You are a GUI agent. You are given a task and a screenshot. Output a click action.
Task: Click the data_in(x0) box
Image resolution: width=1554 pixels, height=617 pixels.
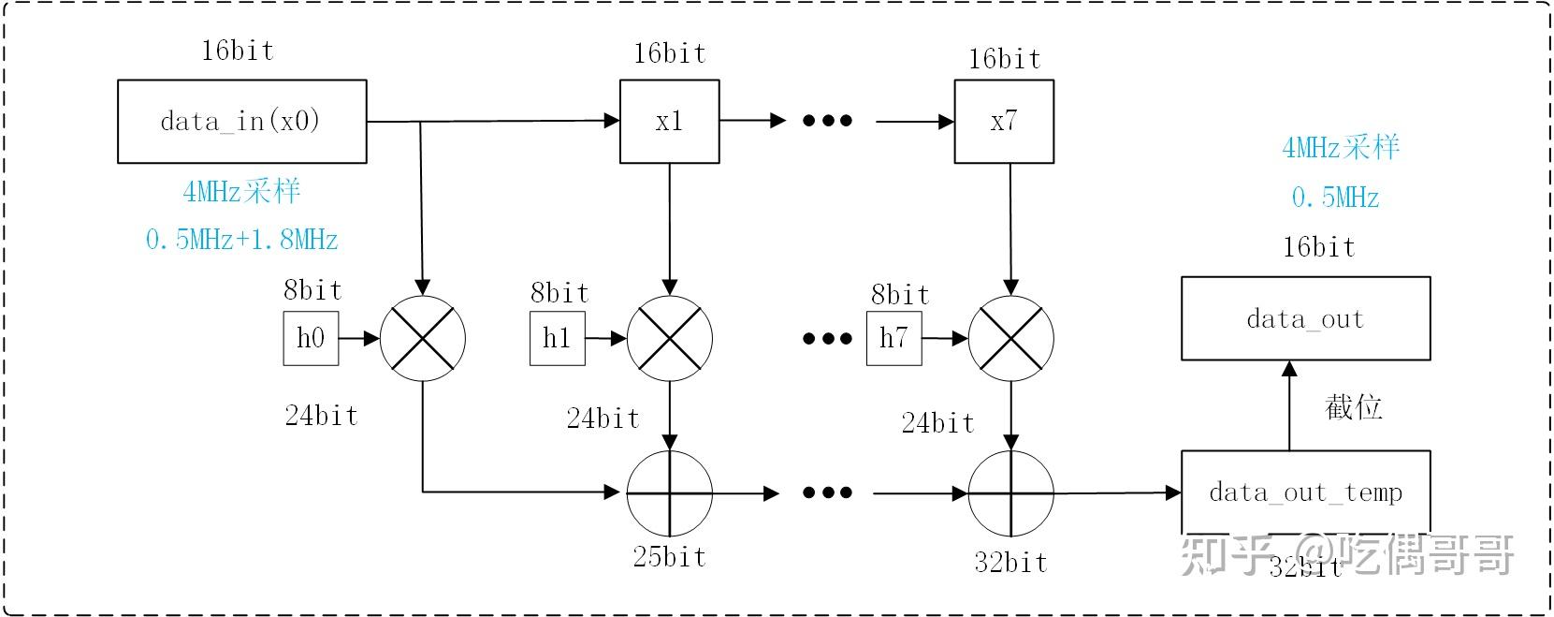[241, 122]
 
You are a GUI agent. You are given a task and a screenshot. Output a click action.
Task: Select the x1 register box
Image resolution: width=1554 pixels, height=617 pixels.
[669, 122]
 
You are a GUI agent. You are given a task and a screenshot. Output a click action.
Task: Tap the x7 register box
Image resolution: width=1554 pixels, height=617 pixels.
[1003, 122]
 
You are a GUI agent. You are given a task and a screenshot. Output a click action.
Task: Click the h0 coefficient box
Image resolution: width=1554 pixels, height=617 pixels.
[311, 338]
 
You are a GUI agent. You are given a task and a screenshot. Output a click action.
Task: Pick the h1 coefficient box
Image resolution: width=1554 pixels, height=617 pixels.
[557, 338]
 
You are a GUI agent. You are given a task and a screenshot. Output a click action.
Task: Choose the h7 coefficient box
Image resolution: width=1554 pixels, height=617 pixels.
[893, 338]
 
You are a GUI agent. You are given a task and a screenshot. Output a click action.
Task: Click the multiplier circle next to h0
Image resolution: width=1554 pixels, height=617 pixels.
[423, 338]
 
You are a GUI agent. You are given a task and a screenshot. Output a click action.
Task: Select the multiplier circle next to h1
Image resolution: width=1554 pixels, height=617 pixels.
[669, 338]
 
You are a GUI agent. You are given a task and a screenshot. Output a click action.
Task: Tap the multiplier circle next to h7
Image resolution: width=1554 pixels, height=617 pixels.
[1010, 338]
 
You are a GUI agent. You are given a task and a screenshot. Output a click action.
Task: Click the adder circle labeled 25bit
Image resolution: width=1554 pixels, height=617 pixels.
[669, 492]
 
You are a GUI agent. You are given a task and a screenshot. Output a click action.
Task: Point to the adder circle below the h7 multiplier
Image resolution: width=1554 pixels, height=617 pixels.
[1010, 492]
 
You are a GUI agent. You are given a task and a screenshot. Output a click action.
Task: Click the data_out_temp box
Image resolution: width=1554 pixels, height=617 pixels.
[1305, 492]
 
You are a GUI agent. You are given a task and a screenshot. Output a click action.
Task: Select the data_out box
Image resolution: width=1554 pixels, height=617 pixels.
[1305, 318]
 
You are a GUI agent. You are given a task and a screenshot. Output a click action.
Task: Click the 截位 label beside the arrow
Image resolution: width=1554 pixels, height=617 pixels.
[1353, 407]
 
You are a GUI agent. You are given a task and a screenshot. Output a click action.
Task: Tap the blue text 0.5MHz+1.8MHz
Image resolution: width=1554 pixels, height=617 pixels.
[241, 240]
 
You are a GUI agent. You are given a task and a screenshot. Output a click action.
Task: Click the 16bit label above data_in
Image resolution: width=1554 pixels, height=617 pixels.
[238, 51]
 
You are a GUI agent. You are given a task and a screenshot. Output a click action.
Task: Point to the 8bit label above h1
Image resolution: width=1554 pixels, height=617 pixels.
[559, 293]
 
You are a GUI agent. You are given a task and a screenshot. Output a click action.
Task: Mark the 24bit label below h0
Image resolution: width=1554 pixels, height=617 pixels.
[321, 416]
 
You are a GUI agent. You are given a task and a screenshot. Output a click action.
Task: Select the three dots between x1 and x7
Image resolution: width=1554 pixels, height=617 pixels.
[827, 121]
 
